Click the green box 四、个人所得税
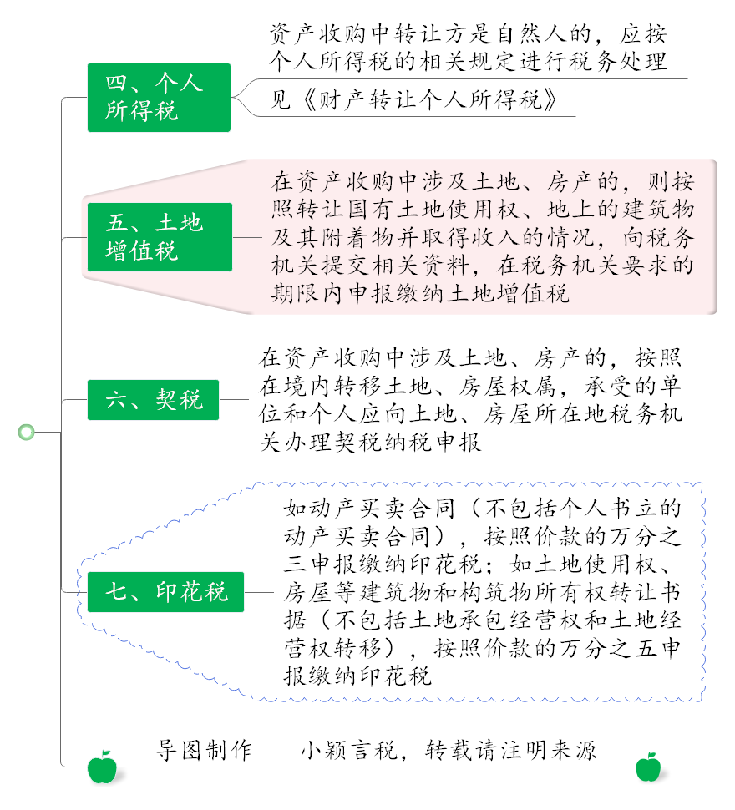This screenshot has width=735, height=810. click(159, 98)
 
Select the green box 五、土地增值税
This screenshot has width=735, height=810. click(160, 237)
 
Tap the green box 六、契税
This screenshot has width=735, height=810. click(154, 400)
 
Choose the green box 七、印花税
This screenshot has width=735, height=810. click(166, 592)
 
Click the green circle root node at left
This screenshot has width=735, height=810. click(27, 432)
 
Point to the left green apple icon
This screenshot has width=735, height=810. click(102, 767)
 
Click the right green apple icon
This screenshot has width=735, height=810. click(648, 767)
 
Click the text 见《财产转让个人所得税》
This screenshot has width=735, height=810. click(414, 99)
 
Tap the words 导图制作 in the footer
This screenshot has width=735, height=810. click(204, 751)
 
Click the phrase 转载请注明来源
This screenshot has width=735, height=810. click(511, 751)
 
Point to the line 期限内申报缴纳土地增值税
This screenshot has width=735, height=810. click(420, 293)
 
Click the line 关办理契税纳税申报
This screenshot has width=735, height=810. click(370, 443)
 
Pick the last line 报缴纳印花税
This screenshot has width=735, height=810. click(357, 676)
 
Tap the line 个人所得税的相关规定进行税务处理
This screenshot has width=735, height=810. click(469, 61)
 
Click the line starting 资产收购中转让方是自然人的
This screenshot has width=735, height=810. click(469, 33)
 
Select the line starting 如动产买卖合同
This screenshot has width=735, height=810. click(483, 509)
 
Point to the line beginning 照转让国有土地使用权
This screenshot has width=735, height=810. click(483, 210)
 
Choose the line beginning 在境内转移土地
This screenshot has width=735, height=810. click(470, 386)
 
